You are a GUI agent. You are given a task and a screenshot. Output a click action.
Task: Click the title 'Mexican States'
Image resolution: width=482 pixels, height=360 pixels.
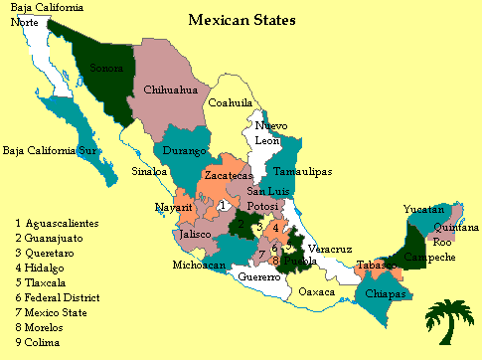point(241,19)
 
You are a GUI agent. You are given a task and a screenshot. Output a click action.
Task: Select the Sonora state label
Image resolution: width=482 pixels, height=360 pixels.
point(106,69)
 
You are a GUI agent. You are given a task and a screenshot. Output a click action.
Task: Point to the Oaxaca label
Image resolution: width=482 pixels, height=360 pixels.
point(317,292)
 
